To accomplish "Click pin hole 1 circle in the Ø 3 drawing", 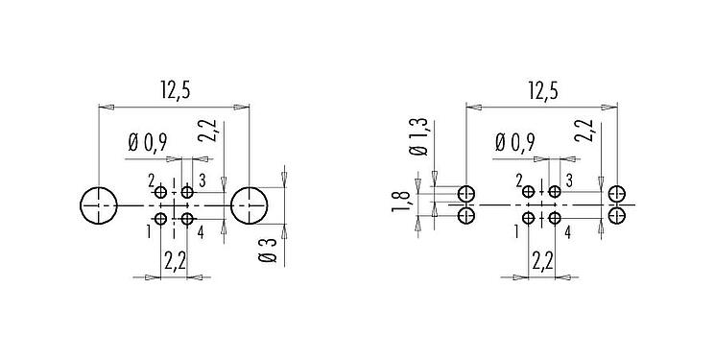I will pyautogui.click(x=162, y=219).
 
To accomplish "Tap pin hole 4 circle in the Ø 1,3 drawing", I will pyautogui.click(x=555, y=219).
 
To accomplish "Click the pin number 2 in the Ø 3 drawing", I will pyautogui.click(x=151, y=180).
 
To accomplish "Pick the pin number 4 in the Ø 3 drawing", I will pyautogui.click(x=201, y=231).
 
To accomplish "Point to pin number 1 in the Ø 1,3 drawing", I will pyautogui.click(x=517, y=231).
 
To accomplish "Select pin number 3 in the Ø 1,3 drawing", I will pyautogui.click(x=569, y=180).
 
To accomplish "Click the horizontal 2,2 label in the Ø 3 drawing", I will pyautogui.click(x=175, y=260).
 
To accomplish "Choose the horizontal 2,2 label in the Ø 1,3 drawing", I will pyautogui.click(x=542, y=260).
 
